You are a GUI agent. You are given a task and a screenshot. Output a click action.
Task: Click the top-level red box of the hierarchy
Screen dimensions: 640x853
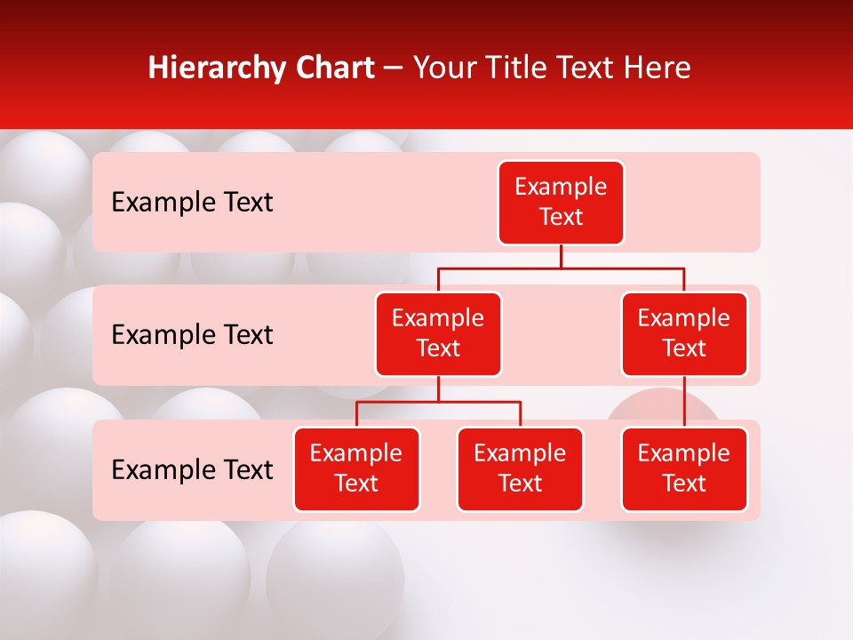[561, 202]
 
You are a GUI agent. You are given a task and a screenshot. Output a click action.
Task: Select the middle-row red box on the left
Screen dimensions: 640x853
[438, 333]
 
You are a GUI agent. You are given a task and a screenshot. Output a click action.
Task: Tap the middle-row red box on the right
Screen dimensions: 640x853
[684, 333]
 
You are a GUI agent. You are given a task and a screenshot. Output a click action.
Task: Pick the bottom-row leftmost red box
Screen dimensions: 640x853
[356, 468]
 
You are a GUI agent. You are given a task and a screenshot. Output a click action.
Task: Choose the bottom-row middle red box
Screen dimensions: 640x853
[520, 468]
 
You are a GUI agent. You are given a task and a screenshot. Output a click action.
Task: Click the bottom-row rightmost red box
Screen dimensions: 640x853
[684, 468]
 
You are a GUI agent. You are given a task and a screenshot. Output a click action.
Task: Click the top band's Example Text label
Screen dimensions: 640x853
[192, 203]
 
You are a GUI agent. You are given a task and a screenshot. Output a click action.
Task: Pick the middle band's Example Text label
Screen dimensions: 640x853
[192, 335]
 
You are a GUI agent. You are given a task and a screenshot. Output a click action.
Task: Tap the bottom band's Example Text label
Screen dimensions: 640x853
[192, 470]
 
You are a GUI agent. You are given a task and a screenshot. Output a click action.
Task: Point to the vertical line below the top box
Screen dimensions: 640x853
[561, 256]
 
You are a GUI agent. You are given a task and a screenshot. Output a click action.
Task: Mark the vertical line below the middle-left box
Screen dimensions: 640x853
[438, 388]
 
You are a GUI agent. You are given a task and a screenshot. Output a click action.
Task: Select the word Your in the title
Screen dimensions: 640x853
[442, 68]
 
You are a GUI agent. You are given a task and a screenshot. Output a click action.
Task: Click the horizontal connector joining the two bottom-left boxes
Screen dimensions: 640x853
[438, 402]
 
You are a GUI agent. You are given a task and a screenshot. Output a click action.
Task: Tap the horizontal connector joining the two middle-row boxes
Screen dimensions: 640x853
[561, 268]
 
